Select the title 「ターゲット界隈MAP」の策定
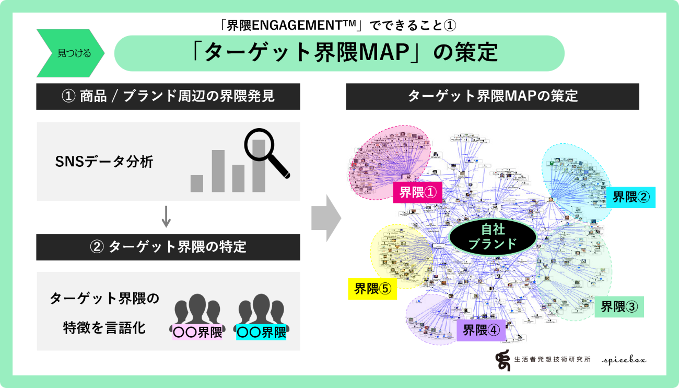pos(339,53)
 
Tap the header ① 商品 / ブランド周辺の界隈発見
pos(168,97)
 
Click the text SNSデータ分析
pos(104,162)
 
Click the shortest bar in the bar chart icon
pos(197,184)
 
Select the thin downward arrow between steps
pos(166,216)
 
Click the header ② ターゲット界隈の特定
pos(168,247)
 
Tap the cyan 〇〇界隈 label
pos(261,332)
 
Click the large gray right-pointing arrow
pos(326,218)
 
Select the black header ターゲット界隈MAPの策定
pos(492,97)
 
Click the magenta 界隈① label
pos(417,192)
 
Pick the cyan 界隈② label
pos(631,197)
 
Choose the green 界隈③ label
pos(619,307)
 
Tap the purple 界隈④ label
pos(481,330)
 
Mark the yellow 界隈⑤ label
pos(372,289)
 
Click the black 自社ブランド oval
pos(493,237)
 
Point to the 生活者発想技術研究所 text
pos(552,360)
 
